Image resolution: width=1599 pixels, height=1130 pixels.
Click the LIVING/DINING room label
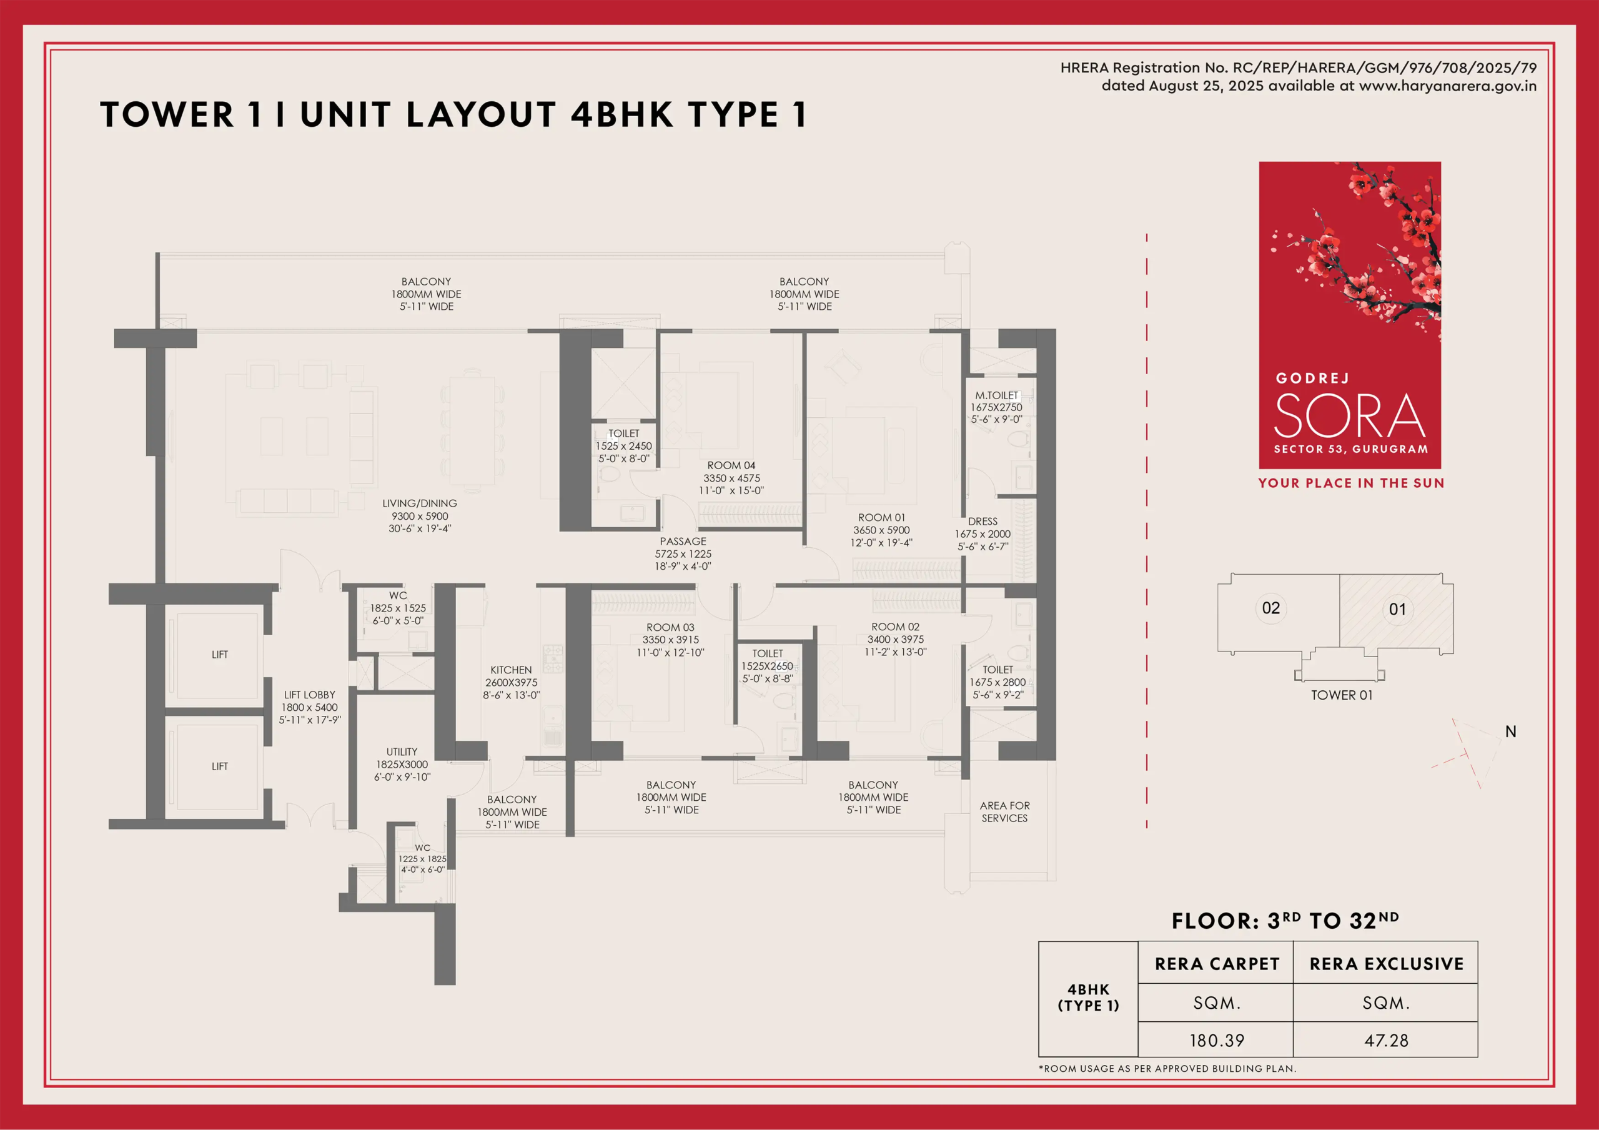pos(420,503)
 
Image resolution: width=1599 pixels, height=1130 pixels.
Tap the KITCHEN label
pos(511,670)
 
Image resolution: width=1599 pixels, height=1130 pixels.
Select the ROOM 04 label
pos(731,465)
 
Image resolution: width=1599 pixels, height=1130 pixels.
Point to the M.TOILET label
pos(997,395)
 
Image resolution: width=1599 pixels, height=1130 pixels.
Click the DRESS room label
pos(983,521)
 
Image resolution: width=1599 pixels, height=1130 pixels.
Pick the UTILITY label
pos(402,751)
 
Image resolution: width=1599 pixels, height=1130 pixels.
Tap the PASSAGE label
pos(683,542)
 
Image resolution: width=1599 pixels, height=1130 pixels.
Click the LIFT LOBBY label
pos(310,695)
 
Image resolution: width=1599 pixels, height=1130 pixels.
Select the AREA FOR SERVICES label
pos(1005,811)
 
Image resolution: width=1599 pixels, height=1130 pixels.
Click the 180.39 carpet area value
pos(1217,1040)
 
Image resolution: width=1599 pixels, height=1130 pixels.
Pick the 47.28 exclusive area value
pos(1386,1040)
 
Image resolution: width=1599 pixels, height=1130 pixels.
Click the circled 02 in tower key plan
pos(1271,608)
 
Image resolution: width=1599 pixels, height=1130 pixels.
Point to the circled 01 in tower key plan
pos(1397,610)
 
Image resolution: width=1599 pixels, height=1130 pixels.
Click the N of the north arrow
pos(1510,731)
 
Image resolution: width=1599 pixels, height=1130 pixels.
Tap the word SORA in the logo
pos(1350,415)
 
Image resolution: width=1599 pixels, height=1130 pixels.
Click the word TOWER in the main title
pos(167,115)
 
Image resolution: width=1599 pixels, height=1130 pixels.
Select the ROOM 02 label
pos(896,627)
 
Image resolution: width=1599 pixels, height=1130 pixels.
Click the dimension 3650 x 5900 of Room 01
pos(882,530)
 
